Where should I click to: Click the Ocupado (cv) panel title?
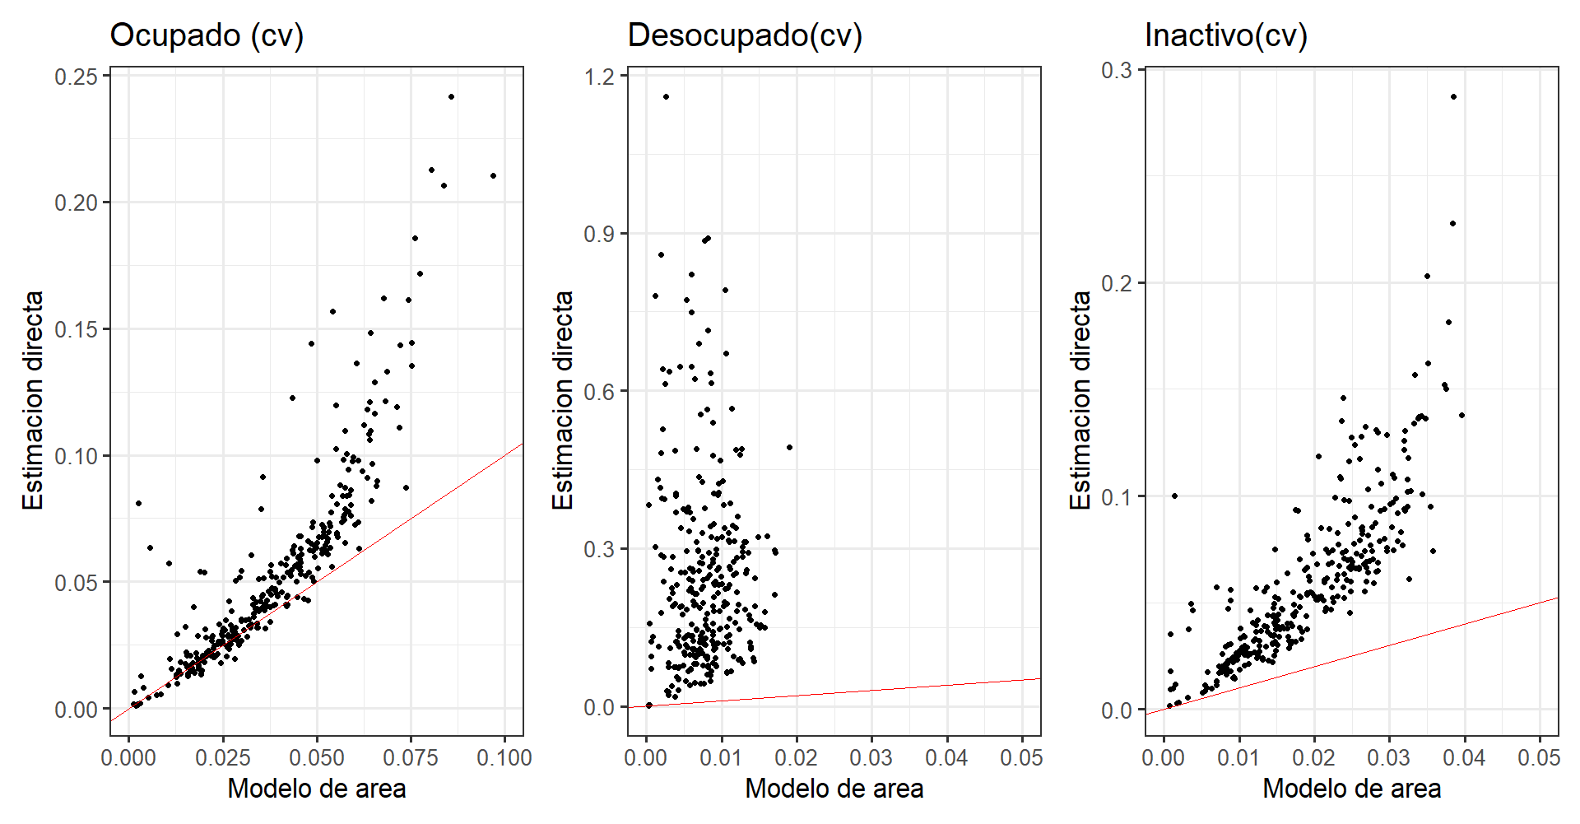207,35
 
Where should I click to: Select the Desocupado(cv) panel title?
745,35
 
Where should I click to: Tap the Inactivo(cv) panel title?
1225,35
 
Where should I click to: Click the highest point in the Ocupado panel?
451,97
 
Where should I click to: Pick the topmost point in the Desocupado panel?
666,97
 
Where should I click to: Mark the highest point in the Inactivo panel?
1453,97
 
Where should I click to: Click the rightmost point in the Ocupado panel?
493,175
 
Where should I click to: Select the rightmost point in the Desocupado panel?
789,448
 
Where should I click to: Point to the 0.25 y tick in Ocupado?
76,77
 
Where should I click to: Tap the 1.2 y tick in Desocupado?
599,77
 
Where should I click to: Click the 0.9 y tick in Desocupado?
599,234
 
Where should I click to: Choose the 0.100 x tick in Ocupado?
504,757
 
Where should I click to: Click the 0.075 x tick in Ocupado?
411,757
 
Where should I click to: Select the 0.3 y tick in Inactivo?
1117,70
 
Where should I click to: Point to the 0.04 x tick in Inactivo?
1464,757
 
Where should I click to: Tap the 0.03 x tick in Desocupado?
871,757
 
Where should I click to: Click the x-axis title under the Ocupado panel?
317,789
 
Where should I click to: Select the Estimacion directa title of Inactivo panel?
1080,400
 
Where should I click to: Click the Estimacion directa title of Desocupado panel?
563,400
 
